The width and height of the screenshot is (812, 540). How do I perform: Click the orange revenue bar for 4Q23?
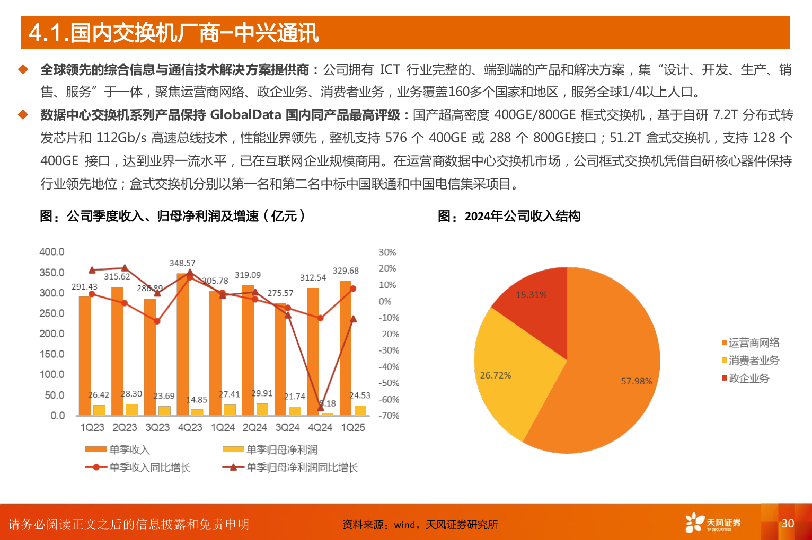(182, 344)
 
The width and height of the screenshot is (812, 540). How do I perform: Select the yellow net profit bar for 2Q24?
(262, 409)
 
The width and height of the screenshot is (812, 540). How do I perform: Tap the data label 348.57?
(182, 263)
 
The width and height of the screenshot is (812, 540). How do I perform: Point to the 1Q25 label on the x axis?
(353, 427)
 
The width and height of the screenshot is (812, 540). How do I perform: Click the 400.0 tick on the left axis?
(52, 252)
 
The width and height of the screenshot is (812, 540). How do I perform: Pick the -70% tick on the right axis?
(389, 416)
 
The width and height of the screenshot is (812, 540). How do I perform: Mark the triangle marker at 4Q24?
(321, 407)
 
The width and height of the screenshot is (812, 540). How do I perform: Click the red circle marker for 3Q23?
(157, 321)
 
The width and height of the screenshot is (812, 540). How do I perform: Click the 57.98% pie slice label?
(637, 381)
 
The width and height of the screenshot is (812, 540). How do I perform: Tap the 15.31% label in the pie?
(531, 295)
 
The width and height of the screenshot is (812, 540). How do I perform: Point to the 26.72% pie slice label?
(496, 375)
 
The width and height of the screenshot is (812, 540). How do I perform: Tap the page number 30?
(788, 523)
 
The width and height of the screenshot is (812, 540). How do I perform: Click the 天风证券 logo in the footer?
(713, 523)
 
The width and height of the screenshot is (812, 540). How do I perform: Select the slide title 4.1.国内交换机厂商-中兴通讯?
(174, 33)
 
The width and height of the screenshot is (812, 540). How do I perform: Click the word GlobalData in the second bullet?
(245, 115)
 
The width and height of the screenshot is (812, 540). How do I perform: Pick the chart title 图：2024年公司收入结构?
(509, 216)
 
